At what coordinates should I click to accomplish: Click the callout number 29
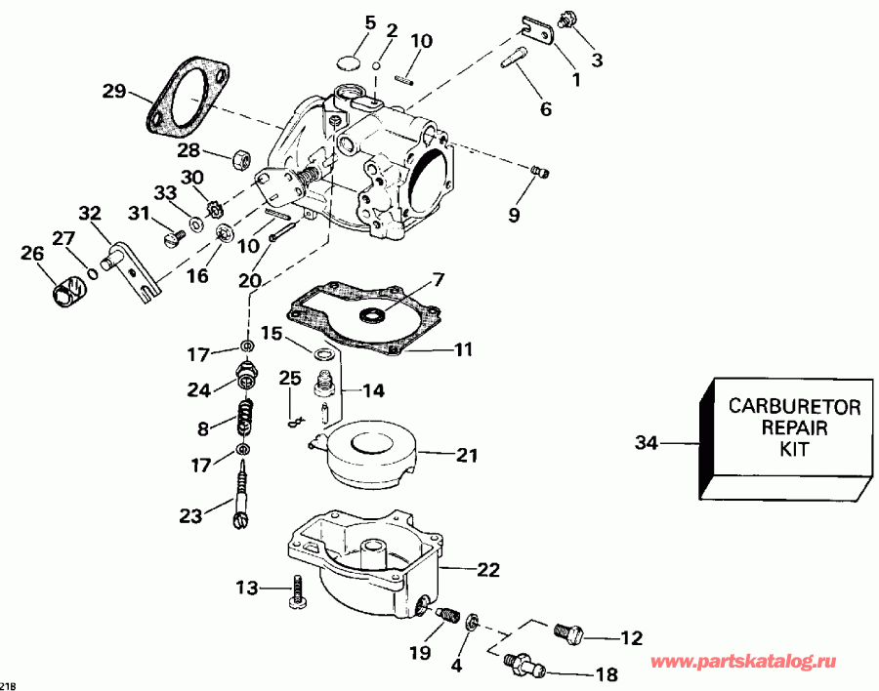pos(114,92)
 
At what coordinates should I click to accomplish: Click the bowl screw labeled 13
pos(300,592)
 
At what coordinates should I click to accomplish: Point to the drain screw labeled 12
pos(567,632)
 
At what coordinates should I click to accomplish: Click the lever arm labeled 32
pos(132,268)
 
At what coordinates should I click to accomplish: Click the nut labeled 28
pos(242,157)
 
